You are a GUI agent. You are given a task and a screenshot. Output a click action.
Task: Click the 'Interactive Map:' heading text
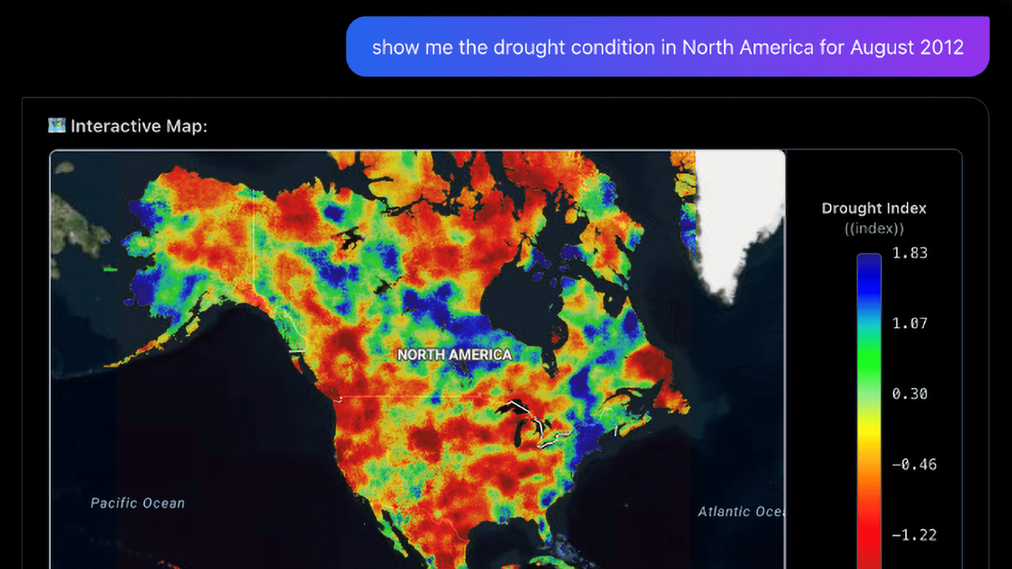pos(139,126)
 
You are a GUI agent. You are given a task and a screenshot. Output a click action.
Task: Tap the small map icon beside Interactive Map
pos(56,125)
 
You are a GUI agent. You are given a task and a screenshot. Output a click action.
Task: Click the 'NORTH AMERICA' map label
pos(454,355)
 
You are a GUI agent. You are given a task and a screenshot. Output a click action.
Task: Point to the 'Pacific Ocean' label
pos(138,503)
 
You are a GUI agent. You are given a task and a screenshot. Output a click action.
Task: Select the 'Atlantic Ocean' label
pos(741,512)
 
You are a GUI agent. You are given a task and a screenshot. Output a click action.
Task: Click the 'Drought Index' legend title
pos(873,209)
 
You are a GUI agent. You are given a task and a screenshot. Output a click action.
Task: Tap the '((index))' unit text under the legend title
pos(874,229)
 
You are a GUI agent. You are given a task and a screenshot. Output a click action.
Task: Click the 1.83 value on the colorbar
pos(910,253)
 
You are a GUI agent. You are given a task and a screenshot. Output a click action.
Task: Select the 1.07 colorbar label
pos(910,323)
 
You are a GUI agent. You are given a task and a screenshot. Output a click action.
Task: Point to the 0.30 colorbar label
pos(910,394)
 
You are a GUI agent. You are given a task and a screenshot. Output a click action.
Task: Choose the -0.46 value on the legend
pos(914,465)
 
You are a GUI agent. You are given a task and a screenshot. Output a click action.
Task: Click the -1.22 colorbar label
pos(914,535)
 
